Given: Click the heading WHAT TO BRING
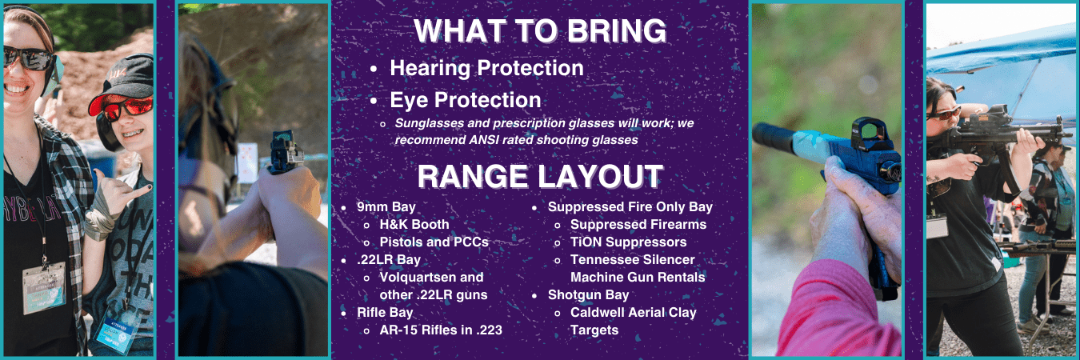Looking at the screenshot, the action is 540,31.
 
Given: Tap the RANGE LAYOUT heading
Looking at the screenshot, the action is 540,176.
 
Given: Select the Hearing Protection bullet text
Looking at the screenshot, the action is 486,68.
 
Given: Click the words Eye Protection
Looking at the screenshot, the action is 466,100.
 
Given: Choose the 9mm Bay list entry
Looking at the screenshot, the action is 386,206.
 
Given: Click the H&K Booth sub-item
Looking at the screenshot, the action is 414,225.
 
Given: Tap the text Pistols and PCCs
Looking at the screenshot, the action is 434,242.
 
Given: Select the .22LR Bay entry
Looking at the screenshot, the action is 389,260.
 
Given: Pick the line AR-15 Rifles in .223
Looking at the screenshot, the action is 441,330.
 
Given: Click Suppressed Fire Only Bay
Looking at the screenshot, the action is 630,207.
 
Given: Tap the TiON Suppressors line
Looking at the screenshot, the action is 628,242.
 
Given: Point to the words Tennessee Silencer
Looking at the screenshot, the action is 633,260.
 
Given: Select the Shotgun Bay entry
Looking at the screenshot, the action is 588,295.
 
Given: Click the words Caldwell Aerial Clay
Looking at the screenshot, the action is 633,313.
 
